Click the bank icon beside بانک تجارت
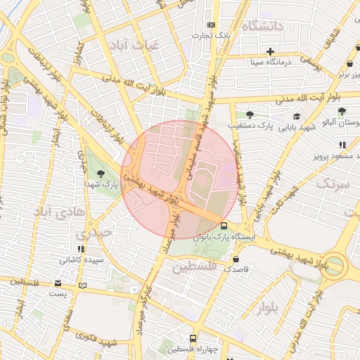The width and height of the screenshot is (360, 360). click(x=212, y=26)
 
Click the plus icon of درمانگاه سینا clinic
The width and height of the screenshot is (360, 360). click(x=270, y=51)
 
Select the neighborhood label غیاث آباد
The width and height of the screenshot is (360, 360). click(x=136, y=44)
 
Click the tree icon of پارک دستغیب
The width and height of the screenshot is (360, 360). click(x=250, y=114)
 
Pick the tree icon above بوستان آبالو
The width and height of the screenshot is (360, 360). click(x=342, y=111)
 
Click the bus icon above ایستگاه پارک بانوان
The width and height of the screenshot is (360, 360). click(x=224, y=226)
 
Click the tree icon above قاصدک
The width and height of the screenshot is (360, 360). click(x=235, y=258)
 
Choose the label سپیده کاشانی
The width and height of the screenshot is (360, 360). click(x=82, y=259)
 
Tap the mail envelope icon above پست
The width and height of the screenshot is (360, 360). click(x=58, y=283)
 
